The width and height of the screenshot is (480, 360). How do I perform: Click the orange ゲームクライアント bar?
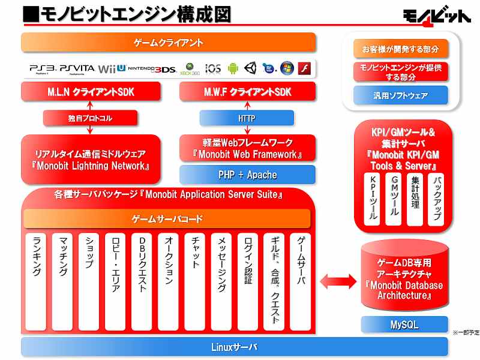click(x=169, y=43)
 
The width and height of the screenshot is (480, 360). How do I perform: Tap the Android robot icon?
click(x=233, y=68)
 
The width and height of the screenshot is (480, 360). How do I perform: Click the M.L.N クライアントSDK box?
click(x=91, y=92)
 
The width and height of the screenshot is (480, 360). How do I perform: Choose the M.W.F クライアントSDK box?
click(x=247, y=92)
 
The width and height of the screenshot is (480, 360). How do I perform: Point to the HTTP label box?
click(x=247, y=118)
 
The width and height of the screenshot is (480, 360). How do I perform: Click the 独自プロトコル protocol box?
click(x=91, y=118)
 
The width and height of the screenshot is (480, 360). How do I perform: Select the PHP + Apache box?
click(x=247, y=175)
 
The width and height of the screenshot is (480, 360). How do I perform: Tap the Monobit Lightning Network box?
click(x=91, y=160)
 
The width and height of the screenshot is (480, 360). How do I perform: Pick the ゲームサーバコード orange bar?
click(x=167, y=219)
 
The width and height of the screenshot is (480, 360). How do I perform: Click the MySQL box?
click(x=404, y=325)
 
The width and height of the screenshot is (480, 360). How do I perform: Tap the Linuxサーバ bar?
click(x=234, y=347)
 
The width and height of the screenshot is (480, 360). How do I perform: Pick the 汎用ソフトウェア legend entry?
click(x=400, y=95)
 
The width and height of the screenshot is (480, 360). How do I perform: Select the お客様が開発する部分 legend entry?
click(x=400, y=49)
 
